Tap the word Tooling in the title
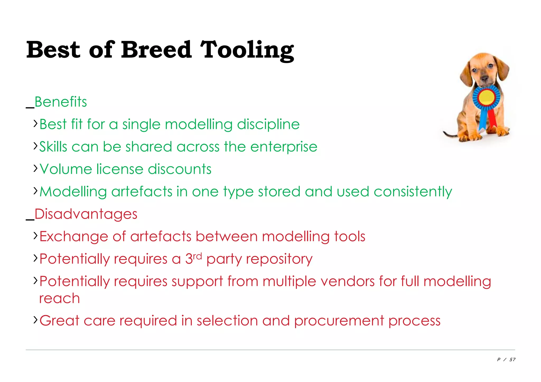point(247,50)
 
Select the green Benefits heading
point(60,102)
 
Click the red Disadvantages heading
point(86,214)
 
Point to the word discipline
point(268,124)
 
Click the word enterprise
point(284,147)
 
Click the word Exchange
point(74,236)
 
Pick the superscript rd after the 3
point(197,256)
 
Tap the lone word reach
point(59,298)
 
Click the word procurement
point(339,321)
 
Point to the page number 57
point(512,360)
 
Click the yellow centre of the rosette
point(486,97)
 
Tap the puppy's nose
point(485,78)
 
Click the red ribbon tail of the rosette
point(492,119)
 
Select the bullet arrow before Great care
point(35,320)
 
